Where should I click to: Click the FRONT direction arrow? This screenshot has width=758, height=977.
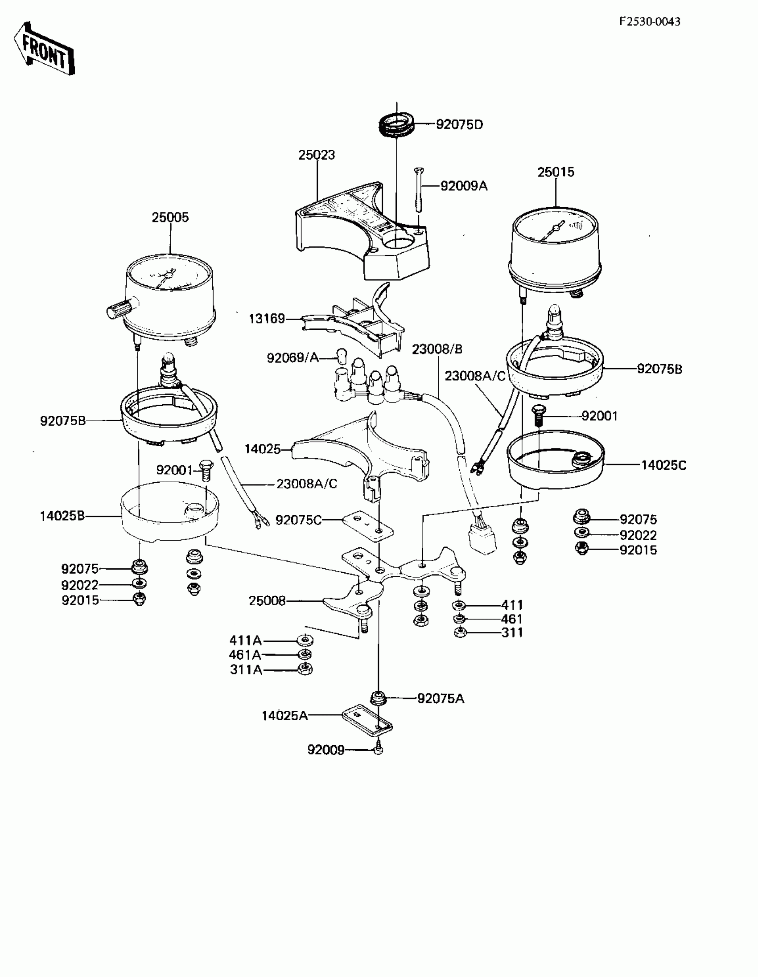click(x=44, y=49)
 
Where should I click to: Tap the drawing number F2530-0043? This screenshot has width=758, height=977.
click(x=650, y=21)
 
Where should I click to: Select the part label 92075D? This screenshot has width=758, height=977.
click(x=460, y=124)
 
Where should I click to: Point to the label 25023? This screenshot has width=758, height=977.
click(x=317, y=155)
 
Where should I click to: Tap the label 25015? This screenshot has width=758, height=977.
click(x=556, y=172)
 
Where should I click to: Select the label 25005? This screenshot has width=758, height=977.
click(x=170, y=218)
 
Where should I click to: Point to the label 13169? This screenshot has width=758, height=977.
click(x=267, y=319)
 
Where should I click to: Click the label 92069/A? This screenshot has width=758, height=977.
click(x=292, y=358)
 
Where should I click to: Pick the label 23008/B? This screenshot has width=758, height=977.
click(x=437, y=349)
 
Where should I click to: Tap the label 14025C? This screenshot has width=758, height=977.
click(x=663, y=465)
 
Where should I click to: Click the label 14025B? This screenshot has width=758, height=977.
click(x=62, y=516)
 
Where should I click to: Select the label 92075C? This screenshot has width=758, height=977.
click(x=298, y=520)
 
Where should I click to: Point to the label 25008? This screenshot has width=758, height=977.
click(x=267, y=601)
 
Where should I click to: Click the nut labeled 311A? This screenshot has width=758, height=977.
click(x=305, y=669)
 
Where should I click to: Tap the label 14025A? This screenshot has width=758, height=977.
click(x=284, y=716)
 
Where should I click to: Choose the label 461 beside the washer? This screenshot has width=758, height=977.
click(x=512, y=619)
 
